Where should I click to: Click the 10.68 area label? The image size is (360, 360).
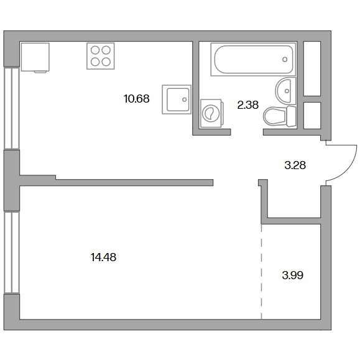(x=136, y=99)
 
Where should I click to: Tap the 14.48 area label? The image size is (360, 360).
(x=103, y=257)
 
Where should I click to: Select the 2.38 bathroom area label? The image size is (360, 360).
(x=247, y=105)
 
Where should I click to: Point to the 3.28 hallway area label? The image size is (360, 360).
(x=295, y=165)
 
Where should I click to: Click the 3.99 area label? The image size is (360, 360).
(x=292, y=275)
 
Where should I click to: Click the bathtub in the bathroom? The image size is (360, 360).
(x=253, y=59)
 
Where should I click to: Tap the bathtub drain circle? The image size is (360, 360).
(x=285, y=60)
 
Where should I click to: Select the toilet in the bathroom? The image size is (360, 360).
(x=280, y=116)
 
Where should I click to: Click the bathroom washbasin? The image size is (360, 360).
(x=285, y=91)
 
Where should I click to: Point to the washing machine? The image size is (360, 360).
(x=211, y=113)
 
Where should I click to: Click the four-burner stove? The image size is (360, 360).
(x=101, y=56)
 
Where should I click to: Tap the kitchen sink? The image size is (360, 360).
(x=177, y=99)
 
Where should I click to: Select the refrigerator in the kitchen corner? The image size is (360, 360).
(x=35, y=57)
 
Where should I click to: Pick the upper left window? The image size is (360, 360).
(x=12, y=108)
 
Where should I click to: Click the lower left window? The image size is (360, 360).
(x=12, y=252)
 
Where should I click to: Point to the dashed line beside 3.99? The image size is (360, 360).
(x=262, y=272)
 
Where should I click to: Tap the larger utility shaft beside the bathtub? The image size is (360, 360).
(x=312, y=68)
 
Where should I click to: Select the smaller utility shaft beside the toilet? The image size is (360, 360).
(x=312, y=116)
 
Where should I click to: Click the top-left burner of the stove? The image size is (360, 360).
(x=95, y=50)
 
